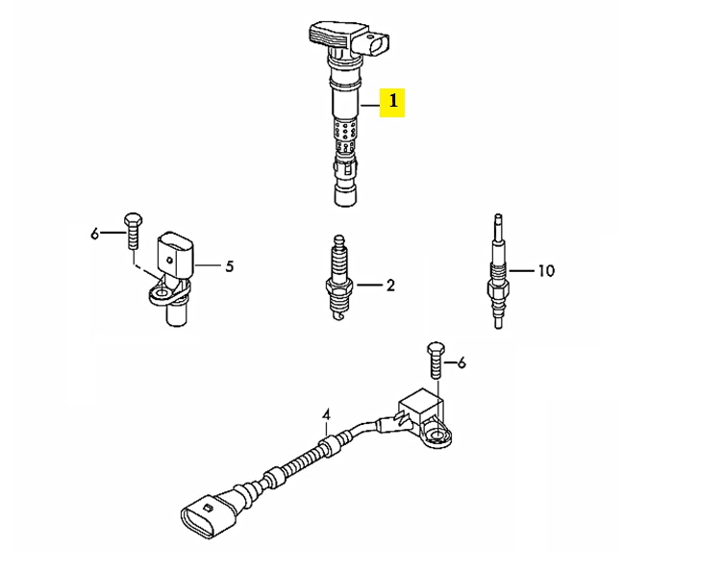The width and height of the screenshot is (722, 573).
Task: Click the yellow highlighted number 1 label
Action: tap(392, 102)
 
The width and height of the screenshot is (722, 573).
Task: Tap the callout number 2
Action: tap(390, 286)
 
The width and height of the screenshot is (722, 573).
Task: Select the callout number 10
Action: tap(546, 271)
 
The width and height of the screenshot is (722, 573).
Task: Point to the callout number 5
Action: tap(230, 266)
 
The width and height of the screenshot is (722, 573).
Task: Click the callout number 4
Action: tap(326, 415)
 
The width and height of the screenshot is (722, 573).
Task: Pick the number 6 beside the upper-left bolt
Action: tap(95, 234)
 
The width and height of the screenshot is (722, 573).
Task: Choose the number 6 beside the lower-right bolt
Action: tap(461, 363)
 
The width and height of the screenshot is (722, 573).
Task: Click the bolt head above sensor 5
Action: tap(133, 220)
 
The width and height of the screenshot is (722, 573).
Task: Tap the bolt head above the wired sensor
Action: tap(436, 349)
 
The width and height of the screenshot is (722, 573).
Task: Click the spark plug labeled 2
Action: tap(339, 279)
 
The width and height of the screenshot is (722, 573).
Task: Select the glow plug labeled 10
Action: tap(498, 272)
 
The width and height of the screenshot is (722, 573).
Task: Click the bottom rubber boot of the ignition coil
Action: tap(345, 194)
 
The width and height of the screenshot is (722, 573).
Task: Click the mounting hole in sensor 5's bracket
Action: tap(161, 293)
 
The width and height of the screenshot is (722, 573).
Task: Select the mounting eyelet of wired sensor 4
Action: tap(437, 436)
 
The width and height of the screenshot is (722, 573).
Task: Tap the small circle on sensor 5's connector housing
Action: tap(170, 261)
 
